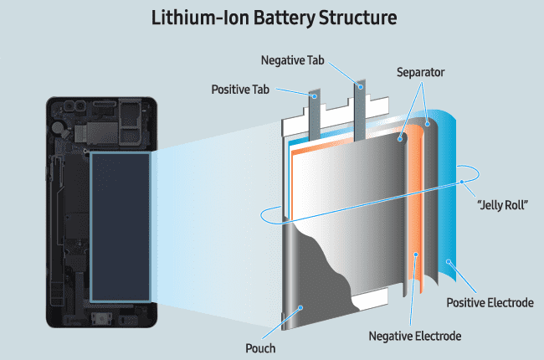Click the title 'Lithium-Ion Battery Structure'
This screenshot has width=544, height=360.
[x=272, y=18]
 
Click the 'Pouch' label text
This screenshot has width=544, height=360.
[x=260, y=347]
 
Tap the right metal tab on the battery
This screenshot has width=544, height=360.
[x=361, y=109]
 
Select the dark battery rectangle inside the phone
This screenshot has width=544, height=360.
[x=120, y=226]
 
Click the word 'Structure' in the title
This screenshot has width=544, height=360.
[x=347, y=18]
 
